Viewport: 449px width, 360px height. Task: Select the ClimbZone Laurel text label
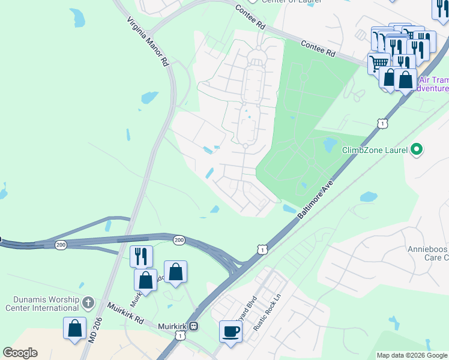click(375, 150)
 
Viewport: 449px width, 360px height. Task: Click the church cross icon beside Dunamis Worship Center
click(88, 301)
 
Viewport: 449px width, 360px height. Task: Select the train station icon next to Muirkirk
click(194, 326)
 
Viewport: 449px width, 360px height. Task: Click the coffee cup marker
click(231, 331)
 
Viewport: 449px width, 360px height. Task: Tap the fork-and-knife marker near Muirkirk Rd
click(141, 256)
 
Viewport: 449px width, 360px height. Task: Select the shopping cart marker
click(379, 63)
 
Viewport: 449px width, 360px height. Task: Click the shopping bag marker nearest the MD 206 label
click(75, 328)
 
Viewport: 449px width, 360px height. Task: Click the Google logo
click(20, 353)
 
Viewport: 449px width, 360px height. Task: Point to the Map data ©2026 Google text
click(411, 355)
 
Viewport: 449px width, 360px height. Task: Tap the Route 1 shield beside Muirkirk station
click(179, 336)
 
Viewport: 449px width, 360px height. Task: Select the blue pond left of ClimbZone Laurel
click(330, 145)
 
